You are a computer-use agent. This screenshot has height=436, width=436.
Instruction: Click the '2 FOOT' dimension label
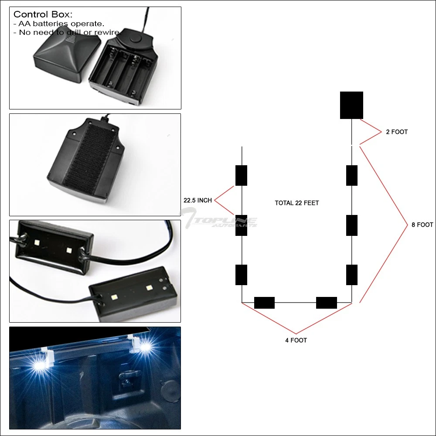click(397, 132)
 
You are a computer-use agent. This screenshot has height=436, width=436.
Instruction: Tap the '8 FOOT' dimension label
click(422, 225)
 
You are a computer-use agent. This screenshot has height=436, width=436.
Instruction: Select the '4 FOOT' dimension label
click(296, 340)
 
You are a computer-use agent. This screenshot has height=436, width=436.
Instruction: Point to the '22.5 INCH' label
click(198, 201)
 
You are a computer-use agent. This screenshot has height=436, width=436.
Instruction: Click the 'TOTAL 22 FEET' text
click(296, 203)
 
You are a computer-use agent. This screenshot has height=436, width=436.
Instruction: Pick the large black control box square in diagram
click(351, 105)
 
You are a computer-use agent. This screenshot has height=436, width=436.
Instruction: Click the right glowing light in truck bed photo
click(146, 347)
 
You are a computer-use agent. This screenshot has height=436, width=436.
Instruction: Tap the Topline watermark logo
click(220, 218)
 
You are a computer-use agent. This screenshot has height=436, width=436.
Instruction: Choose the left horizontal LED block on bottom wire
click(264, 303)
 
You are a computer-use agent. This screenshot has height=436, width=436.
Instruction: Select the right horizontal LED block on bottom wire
click(327, 303)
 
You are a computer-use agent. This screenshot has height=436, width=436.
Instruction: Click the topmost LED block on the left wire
click(242, 175)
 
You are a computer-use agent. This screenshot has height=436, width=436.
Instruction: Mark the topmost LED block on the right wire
click(352, 175)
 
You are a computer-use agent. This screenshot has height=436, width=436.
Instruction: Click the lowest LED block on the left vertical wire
click(242, 275)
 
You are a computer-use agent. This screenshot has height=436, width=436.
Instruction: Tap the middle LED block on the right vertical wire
click(352, 225)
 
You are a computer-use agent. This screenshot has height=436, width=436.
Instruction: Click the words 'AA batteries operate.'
click(61, 24)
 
